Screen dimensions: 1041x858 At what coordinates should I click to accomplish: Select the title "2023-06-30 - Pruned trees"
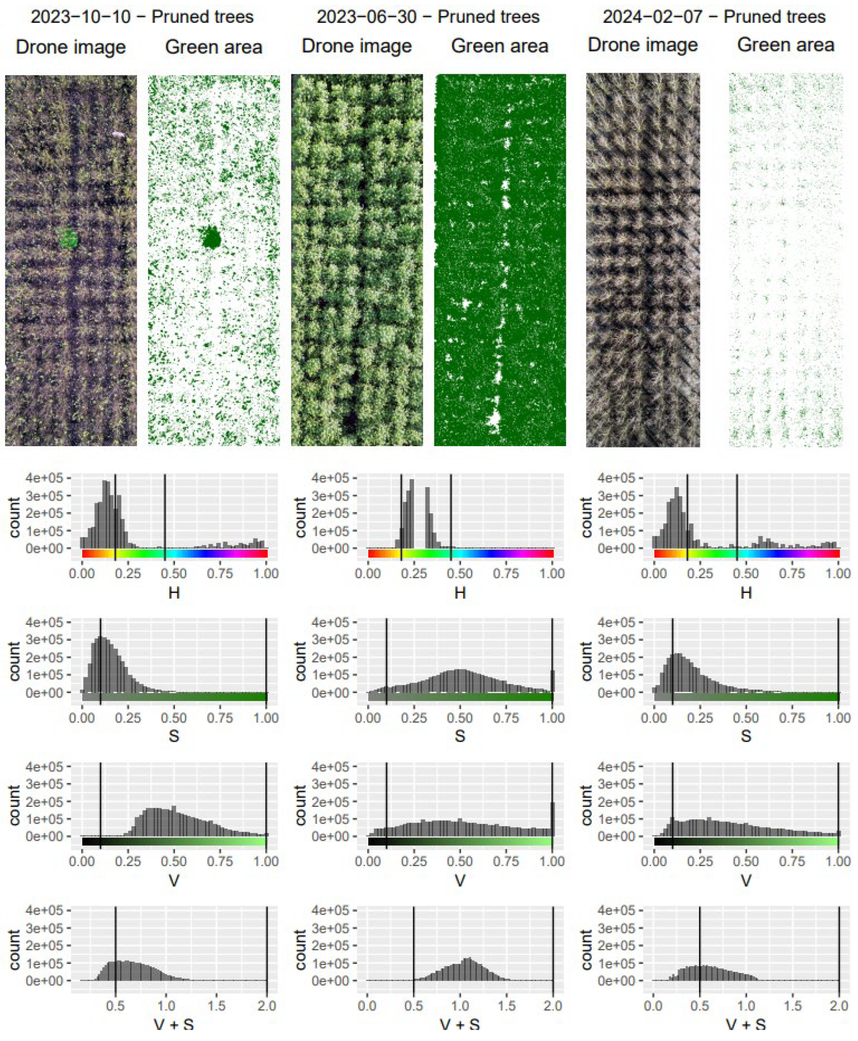click(x=428, y=17)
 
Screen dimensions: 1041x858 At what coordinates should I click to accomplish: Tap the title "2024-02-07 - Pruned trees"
click(x=714, y=17)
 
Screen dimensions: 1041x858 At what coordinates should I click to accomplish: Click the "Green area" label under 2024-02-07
click(x=785, y=46)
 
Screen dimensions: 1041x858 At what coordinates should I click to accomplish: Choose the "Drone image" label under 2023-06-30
click(x=356, y=46)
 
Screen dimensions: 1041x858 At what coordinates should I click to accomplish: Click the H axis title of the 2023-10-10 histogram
click(x=174, y=592)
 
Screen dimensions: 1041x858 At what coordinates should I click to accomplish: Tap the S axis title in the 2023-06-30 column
click(x=460, y=736)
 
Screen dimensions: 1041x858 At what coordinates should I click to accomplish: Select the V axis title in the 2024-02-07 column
click(x=746, y=880)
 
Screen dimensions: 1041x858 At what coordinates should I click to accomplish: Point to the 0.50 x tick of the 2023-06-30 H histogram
click(x=460, y=574)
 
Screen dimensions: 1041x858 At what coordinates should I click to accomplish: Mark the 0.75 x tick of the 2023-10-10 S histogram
click(x=220, y=718)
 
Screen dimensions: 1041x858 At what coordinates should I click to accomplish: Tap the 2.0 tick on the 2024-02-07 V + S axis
click(x=839, y=1006)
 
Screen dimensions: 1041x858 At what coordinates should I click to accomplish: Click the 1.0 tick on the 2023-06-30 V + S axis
click(x=460, y=1006)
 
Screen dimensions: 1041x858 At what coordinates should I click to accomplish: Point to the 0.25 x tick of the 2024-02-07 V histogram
click(x=700, y=862)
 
